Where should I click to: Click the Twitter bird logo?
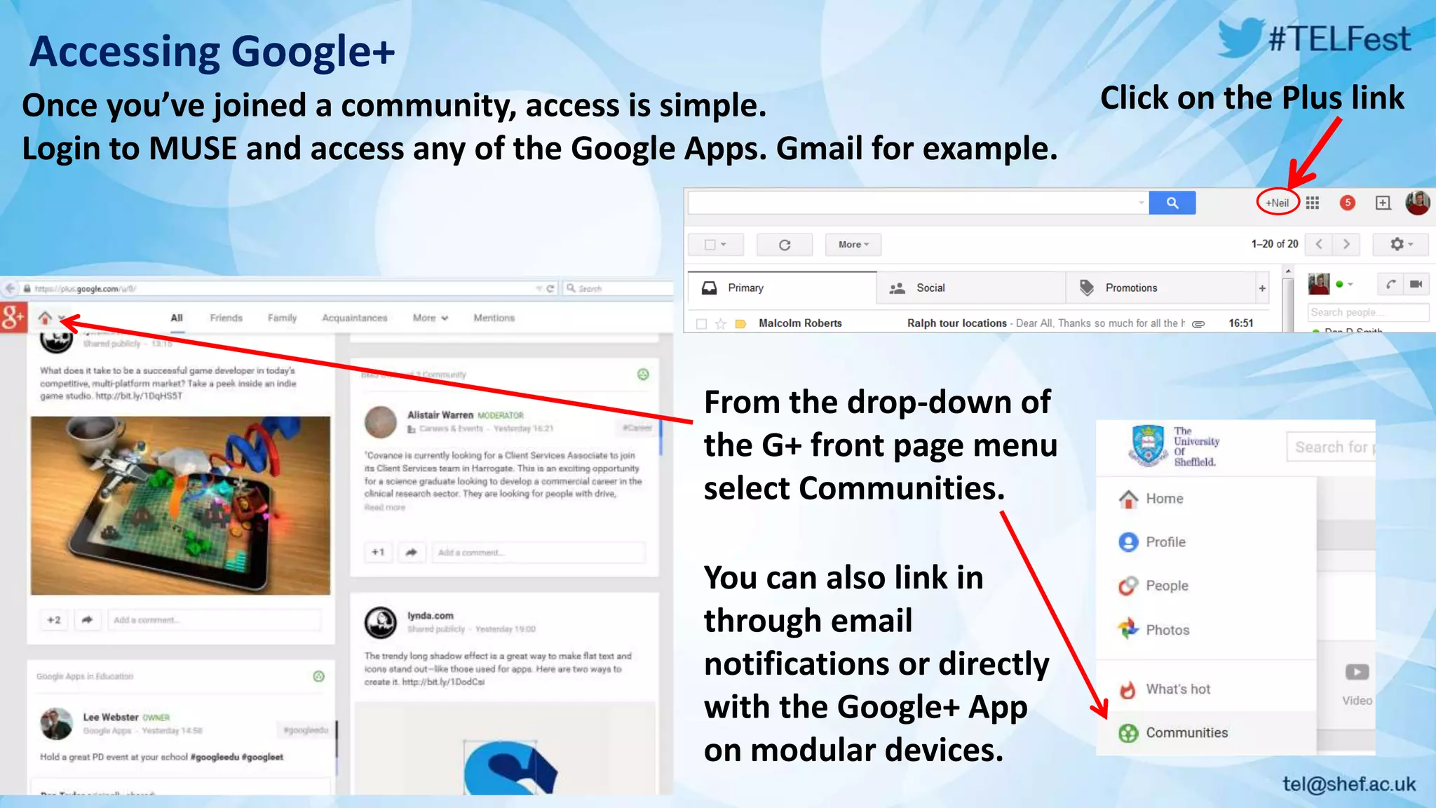tap(1242, 37)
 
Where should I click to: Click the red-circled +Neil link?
tap(1277, 203)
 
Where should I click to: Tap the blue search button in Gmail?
tap(1172, 203)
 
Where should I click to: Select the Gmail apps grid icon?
tap(1313, 203)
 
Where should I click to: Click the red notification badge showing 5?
tap(1347, 203)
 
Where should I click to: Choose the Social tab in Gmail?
tap(930, 288)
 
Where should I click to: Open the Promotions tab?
tap(1130, 288)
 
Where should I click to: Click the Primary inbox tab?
tap(745, 288)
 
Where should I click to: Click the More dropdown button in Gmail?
tap(853, 244)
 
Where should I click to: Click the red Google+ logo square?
tap(13, 318)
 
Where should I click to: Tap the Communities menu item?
tap(1186, 732)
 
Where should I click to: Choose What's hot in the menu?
tap(1177, 689)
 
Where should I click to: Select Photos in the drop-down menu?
tap(1167, 630)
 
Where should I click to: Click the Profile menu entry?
tap(1165, 541)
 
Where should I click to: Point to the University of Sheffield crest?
tap(1148, 445)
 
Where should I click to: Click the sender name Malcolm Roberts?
tap(800, 323)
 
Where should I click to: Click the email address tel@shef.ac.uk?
tap(1349, 783)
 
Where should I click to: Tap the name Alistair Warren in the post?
tap(440, 415)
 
